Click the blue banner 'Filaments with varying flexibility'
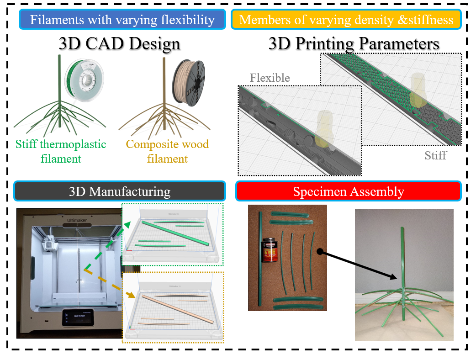pyautogui.click(x=122, y=20)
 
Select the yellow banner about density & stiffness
pyautogui.click(x=346, y=20)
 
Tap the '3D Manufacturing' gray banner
pyautogui.click(x=120, y=191)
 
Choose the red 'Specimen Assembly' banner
pyautogui.click(x=348, y=191)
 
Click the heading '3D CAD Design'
pyautogui.click(x=119, y=44)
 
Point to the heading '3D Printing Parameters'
pyautogui.click(x=354, y=44)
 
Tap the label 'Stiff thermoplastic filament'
pyautogui.click(x=61, y=151)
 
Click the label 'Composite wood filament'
pyautogui.click(x=167, y=151)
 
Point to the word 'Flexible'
pyautogui.click(x=270, y=78)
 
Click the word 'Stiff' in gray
pyautogui.click(x=435, y=155)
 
